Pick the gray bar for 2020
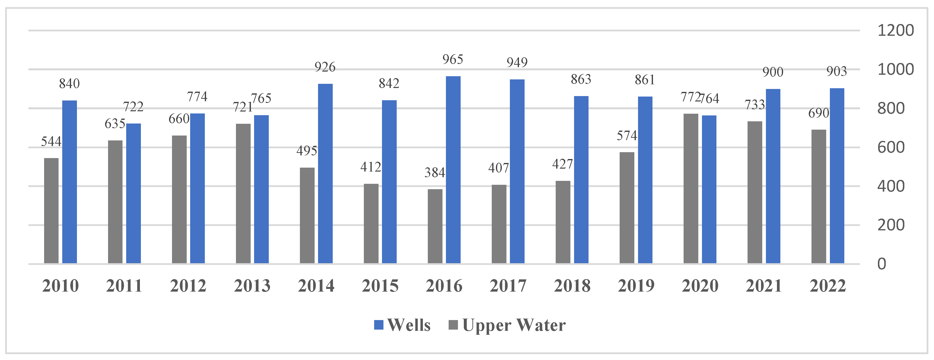[691, 188]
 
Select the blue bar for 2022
[837, 176]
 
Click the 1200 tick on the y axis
[895, 30]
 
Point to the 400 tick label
[890, 186]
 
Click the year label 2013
[252, 286]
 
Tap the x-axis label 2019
[636, 286]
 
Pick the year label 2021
[763, 286]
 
